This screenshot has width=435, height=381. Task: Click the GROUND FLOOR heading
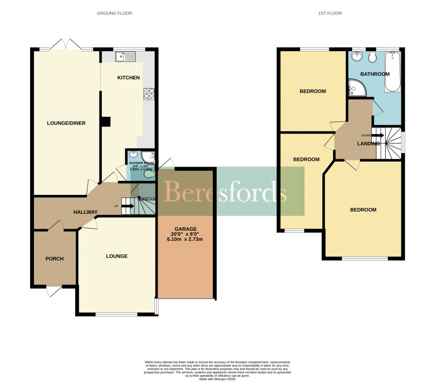pyautogui.click(x=114, y=14)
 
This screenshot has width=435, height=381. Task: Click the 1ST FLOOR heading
pyautogui.click(x=330, y=14)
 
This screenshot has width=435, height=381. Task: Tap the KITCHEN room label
pyautogui.click(x=128, y=78)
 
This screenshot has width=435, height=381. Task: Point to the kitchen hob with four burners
pyautogui.click(x=149, y=93)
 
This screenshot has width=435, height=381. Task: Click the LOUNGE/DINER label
pyautogui.click(x=66, y=123)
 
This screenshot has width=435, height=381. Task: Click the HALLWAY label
pyautogui.click(x=85, y=212)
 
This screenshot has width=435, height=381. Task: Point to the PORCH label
pyautogui.click(x=54, y=259)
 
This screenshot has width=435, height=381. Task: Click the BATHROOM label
pyautogui.click(x=375, y=74)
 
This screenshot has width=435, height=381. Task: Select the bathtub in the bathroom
pyautogui.click(x=393, y=72)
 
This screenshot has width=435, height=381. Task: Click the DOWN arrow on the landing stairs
pyautogui.click(x=377, y=135)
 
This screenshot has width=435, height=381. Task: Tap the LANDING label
pyautogui.click(x=368, y=143)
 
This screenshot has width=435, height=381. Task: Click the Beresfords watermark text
pyautogui.click(x=225, y=192)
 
